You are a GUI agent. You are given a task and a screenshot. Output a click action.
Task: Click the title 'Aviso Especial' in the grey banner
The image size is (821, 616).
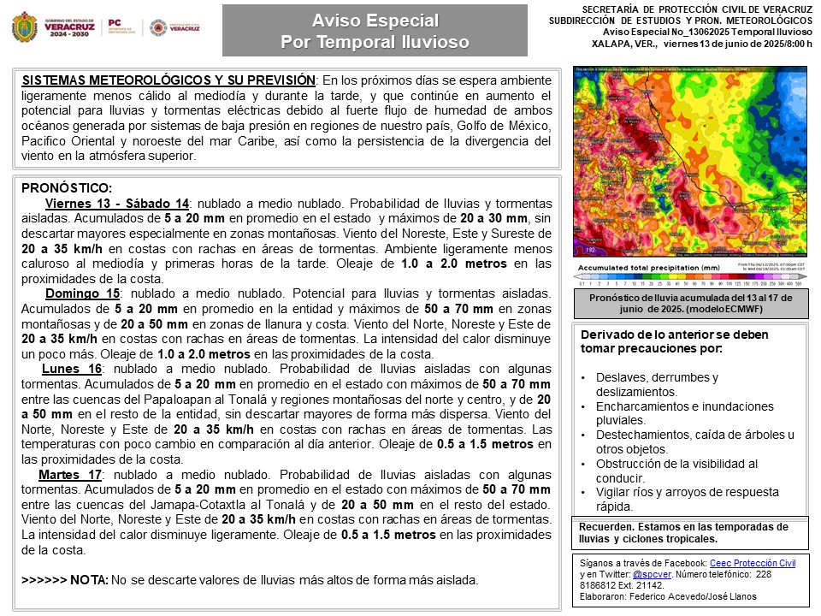pos(375,20)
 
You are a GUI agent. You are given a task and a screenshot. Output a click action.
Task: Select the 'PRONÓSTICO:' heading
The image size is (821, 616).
pos(67,188)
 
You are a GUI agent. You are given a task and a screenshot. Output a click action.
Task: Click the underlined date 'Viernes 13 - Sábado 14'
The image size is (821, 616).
pos(116,204)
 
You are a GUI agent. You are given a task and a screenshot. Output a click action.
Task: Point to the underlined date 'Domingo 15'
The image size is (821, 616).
pos(82,293)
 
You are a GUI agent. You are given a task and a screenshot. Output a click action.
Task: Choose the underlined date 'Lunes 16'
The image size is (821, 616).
pos(72,369)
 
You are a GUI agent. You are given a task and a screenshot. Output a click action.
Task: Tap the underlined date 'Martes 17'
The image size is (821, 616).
pos(70,474)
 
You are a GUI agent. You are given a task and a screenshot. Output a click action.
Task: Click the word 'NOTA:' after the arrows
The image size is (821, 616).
pos(89,580)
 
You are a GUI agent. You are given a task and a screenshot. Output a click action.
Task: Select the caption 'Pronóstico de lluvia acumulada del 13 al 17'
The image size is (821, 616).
pos(691,297)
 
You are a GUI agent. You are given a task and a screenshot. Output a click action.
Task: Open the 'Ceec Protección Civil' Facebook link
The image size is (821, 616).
pos(753,564)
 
